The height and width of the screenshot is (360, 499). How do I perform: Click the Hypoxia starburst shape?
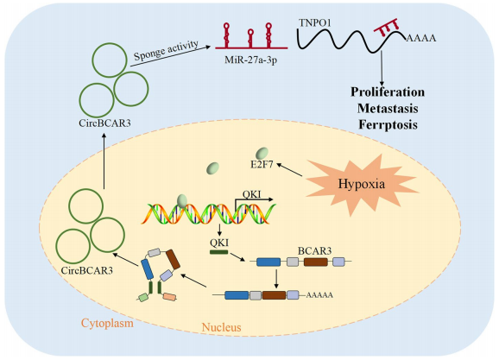click(362, 185)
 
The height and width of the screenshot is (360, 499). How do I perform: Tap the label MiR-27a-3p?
click(250, 60)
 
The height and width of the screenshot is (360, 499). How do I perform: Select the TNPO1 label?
click(315, 23)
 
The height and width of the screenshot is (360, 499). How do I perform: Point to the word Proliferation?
click(388, 92)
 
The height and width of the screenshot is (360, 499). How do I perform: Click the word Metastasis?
click(388, 108)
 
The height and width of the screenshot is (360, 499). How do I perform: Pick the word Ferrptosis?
click(388, 124)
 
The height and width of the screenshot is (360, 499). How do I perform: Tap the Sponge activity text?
click(166, 50)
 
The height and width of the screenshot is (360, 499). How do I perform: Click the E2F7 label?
click(262, 165)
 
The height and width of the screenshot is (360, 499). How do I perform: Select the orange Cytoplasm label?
click(107, 324)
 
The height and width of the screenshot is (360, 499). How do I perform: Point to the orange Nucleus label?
click(222, 327)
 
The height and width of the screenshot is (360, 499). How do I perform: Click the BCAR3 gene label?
click(315, 251)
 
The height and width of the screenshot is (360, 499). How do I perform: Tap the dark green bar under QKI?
click(219, 252)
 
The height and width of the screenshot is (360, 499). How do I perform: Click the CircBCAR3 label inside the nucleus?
click(87, 270)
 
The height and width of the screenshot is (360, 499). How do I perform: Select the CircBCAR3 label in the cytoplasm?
click(104, 123)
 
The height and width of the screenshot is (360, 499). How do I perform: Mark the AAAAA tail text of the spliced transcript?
click(319, 295)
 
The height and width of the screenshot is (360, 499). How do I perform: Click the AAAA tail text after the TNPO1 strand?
click(421, 39)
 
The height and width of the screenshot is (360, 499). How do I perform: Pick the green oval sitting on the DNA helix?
click(182, 201)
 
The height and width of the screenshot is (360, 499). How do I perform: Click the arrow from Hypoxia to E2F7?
click(289, 170)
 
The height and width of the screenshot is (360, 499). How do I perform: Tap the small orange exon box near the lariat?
click(169, 297)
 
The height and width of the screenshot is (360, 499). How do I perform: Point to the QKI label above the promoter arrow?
click(252, 194)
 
